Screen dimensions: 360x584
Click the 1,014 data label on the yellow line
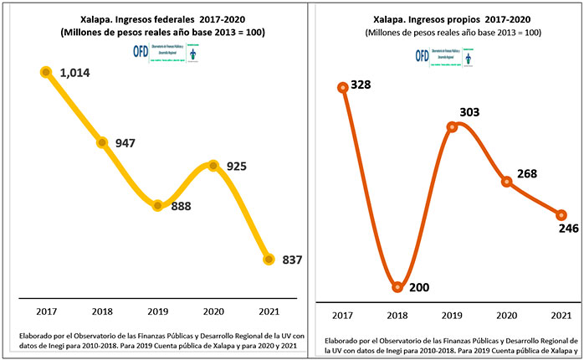click(74, 73)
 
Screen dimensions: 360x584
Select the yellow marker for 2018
click(102, 142)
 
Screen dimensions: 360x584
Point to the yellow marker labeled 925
click(213, 166)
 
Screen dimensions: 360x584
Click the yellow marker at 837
click(269, 260)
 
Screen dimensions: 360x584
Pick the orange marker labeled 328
click(342, 88)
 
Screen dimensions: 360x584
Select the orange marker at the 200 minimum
click(397, 286)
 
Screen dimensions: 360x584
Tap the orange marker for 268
click(506, 182)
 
